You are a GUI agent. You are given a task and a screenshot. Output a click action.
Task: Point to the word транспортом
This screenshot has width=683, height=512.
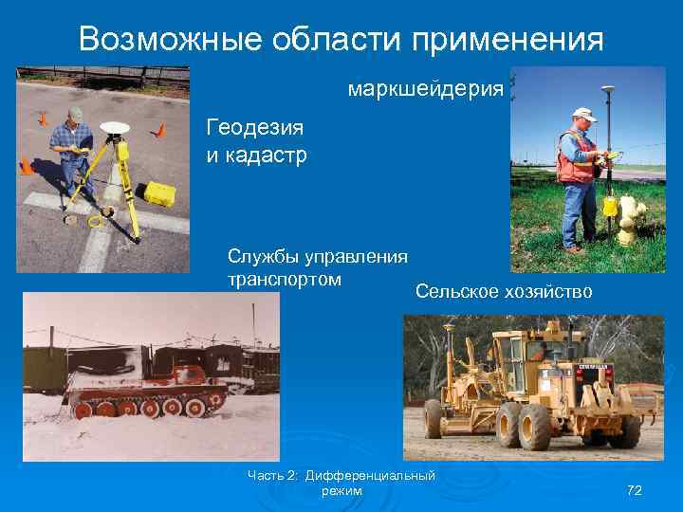[x=285, y=280]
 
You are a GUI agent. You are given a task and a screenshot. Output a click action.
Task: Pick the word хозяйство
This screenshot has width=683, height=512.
[x=549, y=292]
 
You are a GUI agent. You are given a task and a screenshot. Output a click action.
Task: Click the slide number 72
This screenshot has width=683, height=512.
[x=635, y=490]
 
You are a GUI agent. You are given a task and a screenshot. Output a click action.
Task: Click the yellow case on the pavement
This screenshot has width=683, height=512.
[x=156, y=194]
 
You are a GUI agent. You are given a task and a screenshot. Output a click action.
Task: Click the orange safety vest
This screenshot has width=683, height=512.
[x=574, y=156]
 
